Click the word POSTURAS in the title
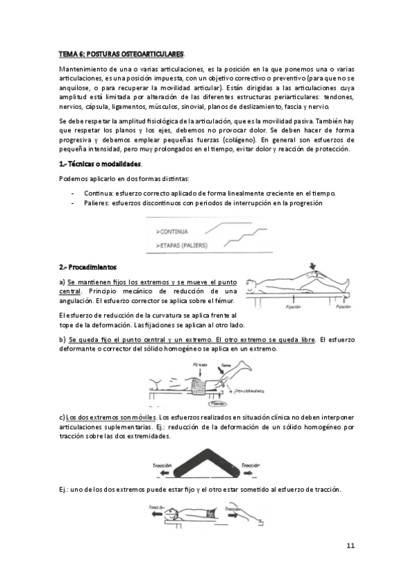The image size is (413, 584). (104, 53)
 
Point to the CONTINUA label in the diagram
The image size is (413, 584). (179, 231)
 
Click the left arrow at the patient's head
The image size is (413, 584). (156, 514)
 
